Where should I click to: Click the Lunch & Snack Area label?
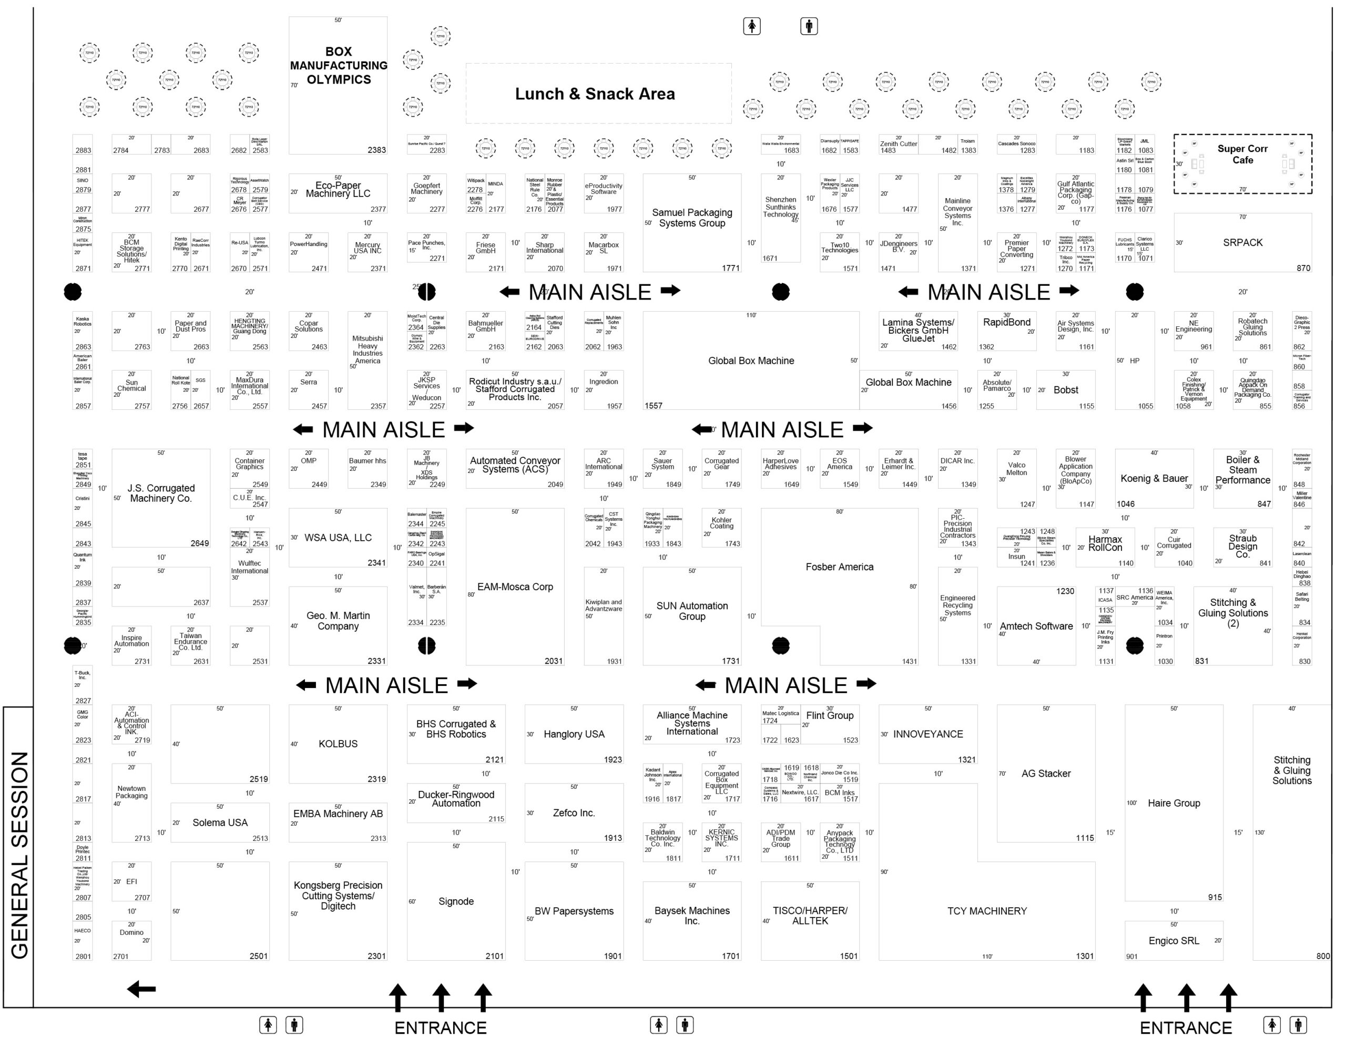tap(595, 94)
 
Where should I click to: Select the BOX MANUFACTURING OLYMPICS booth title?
tap(339, 66)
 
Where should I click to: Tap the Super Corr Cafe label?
tap(1242, 155)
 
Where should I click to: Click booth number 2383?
tap(376, 150)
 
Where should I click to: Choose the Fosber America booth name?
tap(839, 567)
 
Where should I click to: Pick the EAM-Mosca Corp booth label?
tap(515, 587)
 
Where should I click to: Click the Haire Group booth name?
tap(1174, 803)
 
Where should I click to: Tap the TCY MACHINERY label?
tap(987, 911)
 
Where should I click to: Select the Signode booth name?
tap(455, 902)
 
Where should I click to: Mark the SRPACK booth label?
tap(1242, 243)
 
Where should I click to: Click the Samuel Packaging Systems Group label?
tap(691, 218)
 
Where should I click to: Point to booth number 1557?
tap(653, 406)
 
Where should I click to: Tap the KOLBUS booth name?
tap(338, 744)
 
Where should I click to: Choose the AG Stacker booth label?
tap(1045, 774)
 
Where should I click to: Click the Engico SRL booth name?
tap(1174, 941)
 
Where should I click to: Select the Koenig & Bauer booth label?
tap(1154, 479)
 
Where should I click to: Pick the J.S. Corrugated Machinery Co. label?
tap(161, 493)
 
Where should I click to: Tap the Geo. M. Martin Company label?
tap(338, 621)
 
